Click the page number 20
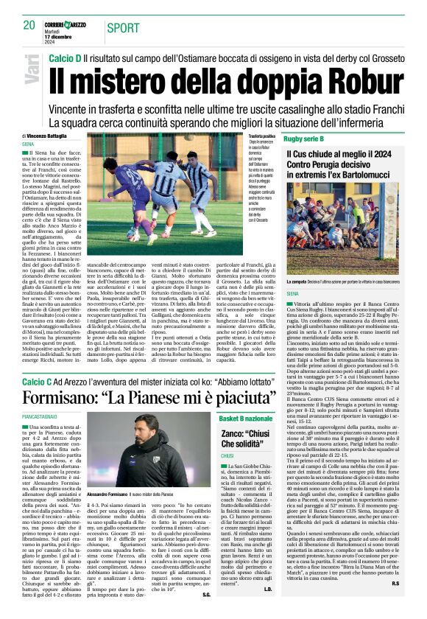point(29,25)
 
